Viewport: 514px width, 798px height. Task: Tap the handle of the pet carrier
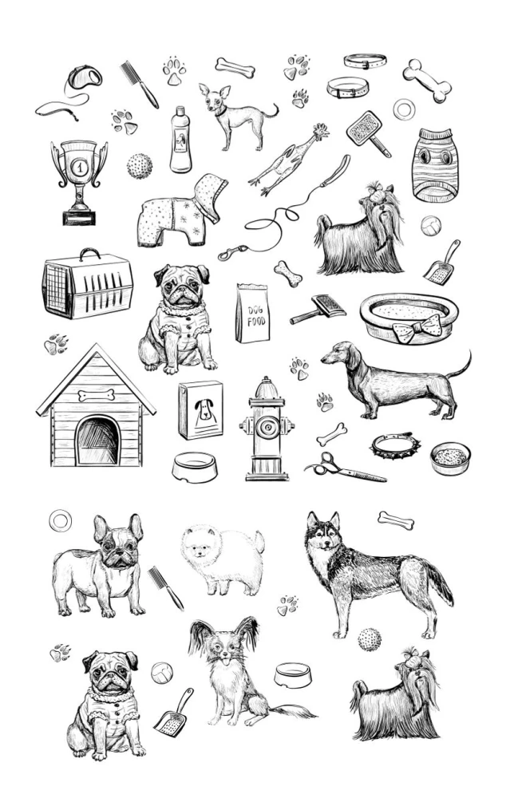[x=89, y=254]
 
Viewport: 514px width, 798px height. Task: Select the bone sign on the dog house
[x=97, y=395]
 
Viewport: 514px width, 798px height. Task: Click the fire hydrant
[x=267, y=429]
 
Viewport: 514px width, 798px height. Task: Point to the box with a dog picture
[x=200, y=409]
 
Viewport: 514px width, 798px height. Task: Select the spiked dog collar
[x=395, y=444]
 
